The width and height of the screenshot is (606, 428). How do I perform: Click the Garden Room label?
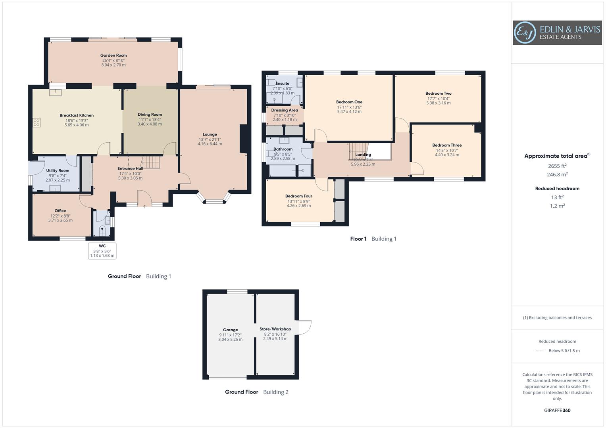click(114, 55)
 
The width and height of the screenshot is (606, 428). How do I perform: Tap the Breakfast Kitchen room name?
click(77, 115)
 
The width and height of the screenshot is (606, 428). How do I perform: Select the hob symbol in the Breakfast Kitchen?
click(37, 122)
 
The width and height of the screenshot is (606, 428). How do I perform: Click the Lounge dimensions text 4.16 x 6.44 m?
click(210, 144)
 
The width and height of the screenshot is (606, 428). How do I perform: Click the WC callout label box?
click(102, 251)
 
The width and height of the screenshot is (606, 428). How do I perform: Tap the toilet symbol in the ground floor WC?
click(102, 230)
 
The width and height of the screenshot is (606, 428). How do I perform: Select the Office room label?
click(60, 211)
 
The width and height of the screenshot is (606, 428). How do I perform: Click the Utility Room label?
click(58, 171)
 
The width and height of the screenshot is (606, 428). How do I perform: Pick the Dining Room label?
click(150, 115)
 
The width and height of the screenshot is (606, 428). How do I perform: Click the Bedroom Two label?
click(439, 94)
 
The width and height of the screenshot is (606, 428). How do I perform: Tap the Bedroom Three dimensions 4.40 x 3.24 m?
click(447, 155)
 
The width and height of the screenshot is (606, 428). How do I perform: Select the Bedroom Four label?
click(298, 196)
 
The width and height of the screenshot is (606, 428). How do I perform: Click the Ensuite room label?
click(282, 84)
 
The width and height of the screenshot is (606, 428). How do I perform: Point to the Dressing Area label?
click(285, 110)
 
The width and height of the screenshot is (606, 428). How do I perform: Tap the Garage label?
click(230, 330)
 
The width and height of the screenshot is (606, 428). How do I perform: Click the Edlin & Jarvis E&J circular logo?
click(525, 33)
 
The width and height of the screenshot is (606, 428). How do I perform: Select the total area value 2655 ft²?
click(557, 166)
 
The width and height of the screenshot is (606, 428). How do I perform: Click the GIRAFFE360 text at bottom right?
click(557, 410)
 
